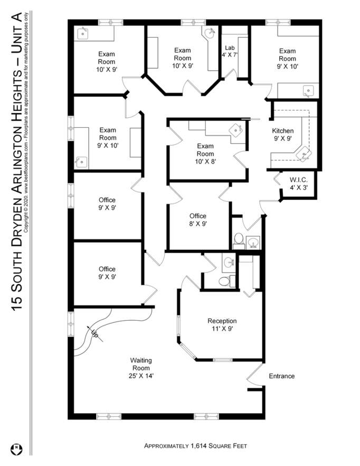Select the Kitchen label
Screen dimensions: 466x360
pyautogui.click(x=282, y=131)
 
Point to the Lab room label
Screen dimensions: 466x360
pyautogui.click(x=229, y=47)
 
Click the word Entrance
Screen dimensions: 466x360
pyautogui.click(x=282, y=376)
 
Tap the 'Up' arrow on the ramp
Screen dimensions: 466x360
pyautogui.click(x=94, y=333)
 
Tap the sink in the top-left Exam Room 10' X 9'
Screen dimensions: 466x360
pyautogui.click(x=82, y=34)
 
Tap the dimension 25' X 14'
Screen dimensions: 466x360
pyautogui.click(x=141, y=376)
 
